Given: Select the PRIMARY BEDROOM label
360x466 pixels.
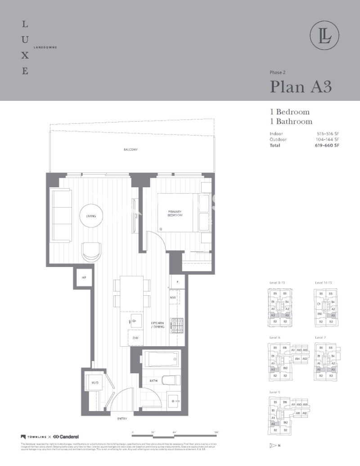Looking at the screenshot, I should (175, 213).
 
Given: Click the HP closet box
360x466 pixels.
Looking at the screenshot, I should (84, 278).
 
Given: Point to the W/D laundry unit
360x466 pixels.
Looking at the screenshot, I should (95, 382).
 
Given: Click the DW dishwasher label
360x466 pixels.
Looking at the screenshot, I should (135, 338).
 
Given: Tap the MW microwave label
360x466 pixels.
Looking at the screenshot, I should (172, 298).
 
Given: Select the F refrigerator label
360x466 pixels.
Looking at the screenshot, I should (177, 282).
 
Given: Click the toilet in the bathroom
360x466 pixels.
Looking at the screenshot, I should (170, 381).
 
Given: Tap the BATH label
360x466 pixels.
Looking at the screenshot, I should (153, 381).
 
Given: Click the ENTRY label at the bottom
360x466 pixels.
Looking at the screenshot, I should (122, 419).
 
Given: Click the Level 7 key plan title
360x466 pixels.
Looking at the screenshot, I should (320, 337).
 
